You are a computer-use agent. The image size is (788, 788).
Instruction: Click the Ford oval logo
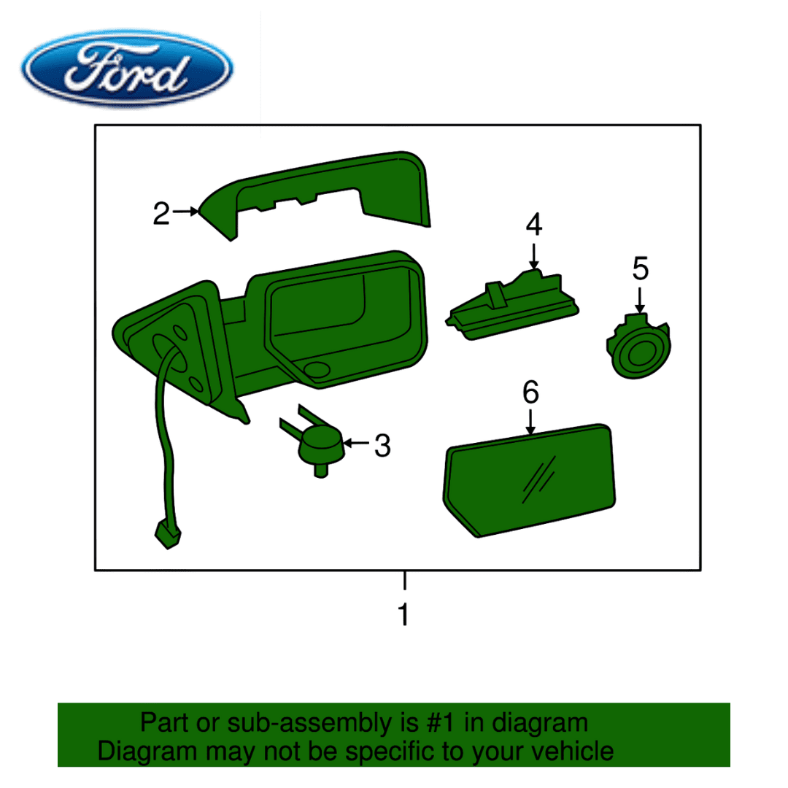tap(127, 69)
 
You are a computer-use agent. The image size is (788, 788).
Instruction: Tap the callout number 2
tap(161, 214)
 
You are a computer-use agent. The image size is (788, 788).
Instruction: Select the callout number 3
tap(382, 446)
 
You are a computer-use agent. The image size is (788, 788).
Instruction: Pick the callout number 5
tap(641, 269)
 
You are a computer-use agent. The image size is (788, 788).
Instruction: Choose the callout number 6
tap(530, 392)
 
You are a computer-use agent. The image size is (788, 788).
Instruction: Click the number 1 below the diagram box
tap(403, 614)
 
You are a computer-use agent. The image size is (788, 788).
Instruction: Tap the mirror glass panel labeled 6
tap(529, 481)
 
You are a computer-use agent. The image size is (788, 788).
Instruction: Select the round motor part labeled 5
tap(639, 347)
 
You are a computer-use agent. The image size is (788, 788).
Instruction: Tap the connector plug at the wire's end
tap(169, 535)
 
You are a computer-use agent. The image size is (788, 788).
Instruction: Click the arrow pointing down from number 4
tap(533, 256)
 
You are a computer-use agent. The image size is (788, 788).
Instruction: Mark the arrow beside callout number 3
tap(357, 443)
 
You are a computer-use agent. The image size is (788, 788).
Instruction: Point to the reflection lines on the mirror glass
tap(539, 479)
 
